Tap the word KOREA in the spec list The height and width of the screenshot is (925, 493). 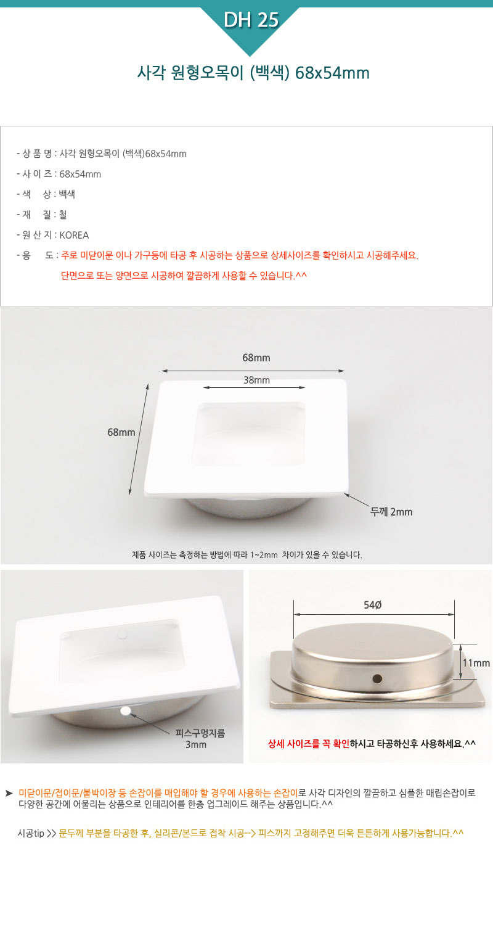tap(75, 235)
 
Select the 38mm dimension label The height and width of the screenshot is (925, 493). tap(256, 380)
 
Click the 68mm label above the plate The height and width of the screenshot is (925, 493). tap(256, 358)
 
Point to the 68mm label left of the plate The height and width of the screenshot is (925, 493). tap(121, 432)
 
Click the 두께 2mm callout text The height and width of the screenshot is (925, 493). tap(391, 512)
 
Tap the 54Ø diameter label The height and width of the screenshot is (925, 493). tap(373, 605)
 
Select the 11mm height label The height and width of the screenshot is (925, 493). tap(476, 663)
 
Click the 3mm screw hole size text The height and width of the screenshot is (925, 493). tap(195, 744)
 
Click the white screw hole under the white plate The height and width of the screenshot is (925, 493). tap(126, 710)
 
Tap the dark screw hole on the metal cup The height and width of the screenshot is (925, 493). tap(377, 678)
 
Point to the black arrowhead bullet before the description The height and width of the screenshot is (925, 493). tap(9, 793)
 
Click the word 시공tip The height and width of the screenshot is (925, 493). tap(31, 833)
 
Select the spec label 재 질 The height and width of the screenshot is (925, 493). tap(34, 215)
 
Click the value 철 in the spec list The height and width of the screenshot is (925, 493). tap(63, 215)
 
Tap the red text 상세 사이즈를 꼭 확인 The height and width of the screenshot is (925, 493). tap(309, 744)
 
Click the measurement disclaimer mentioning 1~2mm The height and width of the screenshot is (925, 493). tap(246, 554)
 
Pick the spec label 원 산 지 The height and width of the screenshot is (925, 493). tap(37, 235)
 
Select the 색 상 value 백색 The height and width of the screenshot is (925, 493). tap(67, 194)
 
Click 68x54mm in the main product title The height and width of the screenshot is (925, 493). tap(333, 73)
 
